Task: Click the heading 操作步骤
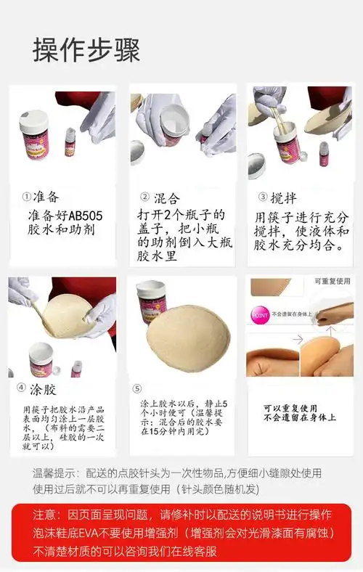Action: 86,51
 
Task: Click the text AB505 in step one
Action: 76,216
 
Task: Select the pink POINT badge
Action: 259,316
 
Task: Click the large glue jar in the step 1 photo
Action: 35,131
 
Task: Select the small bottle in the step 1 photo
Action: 70,142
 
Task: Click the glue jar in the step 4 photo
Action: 45,360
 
